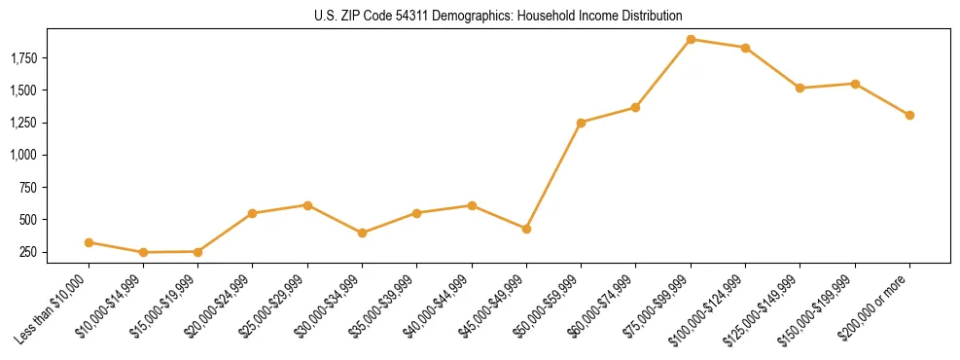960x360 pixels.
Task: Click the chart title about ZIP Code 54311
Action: tap(497, 17)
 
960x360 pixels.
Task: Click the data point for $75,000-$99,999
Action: tap(691, 40)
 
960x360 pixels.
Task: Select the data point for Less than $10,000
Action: tap(89, 242)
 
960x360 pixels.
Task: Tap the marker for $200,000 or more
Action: tap(909, 115)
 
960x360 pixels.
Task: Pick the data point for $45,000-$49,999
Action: tap(526, 229)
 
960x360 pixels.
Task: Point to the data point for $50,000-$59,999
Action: tap(581, 123)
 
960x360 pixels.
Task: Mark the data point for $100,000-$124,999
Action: tap(745, 48)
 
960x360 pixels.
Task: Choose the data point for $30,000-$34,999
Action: tap(362, 234)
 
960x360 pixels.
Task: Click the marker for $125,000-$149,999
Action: tap(800, 89)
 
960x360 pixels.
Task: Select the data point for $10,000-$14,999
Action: tap(143, 252)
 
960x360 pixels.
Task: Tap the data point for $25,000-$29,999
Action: tap(307, 205)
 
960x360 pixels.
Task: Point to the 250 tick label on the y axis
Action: tap(36, 252)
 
